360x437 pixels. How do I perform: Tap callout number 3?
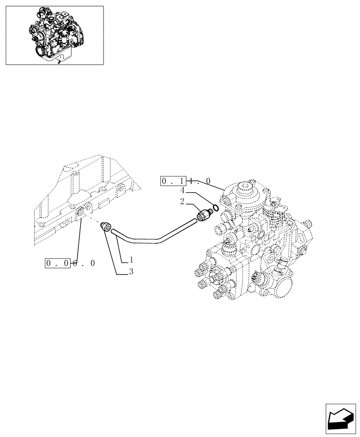tap(131, 272)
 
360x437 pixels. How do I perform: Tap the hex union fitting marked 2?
tap(204, 215)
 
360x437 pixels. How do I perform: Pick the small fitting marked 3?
tap(105, 227)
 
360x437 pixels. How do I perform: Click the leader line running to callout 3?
tap(111, 253)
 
